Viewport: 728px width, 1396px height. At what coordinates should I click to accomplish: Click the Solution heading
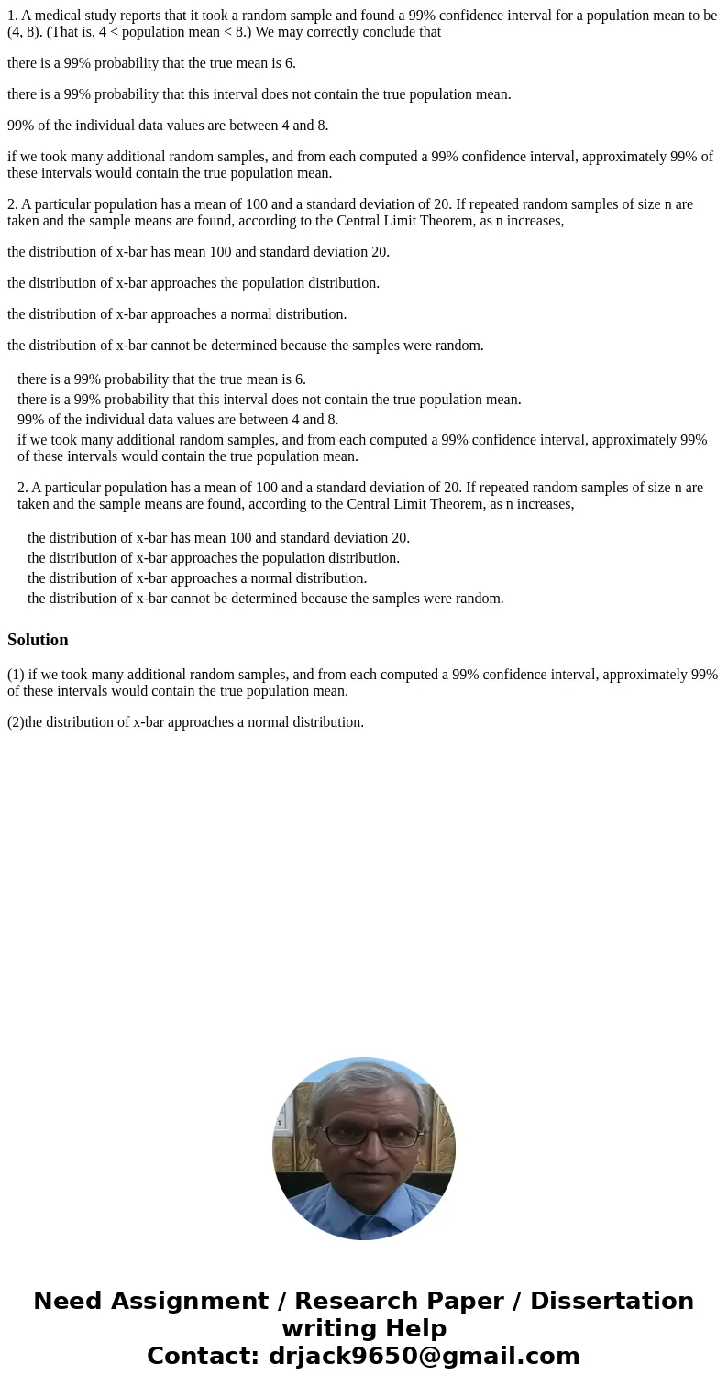coord(38,640)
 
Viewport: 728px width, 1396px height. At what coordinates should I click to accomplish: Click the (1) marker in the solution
coord(16,675)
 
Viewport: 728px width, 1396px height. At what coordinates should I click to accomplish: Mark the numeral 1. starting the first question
coord(13,16)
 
